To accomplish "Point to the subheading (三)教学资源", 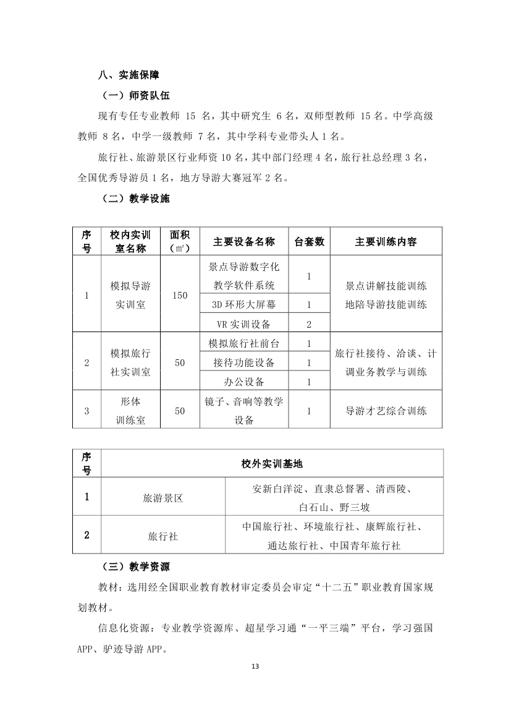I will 135,567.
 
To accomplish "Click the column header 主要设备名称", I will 244,241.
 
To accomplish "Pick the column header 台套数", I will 308,241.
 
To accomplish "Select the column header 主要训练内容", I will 386,241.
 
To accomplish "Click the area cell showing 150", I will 180,295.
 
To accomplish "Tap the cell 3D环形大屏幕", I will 244,304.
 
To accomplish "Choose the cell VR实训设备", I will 244,323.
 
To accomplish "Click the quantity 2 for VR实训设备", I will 308,323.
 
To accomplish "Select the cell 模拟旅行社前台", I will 244,343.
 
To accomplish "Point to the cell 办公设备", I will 244,382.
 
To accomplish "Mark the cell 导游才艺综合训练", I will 386,410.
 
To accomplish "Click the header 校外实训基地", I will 272,463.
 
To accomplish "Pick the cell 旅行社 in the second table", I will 163,536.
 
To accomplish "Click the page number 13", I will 255,666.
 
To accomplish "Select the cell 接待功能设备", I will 244,362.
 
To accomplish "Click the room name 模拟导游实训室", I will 130,295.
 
